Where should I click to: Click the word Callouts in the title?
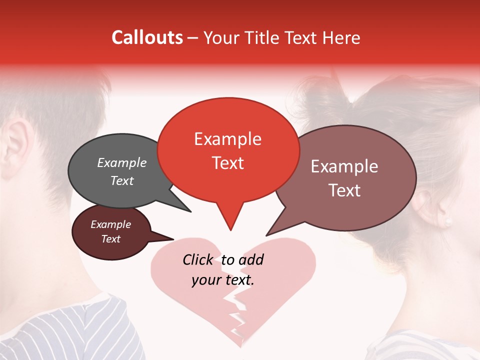[x=147, y=37]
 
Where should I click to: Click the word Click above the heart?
[x=197, y=259]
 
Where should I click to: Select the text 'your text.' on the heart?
[x=223, y=280]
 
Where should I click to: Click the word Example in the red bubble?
[x=228, y=139]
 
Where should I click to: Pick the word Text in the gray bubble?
[x=122, y=181]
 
